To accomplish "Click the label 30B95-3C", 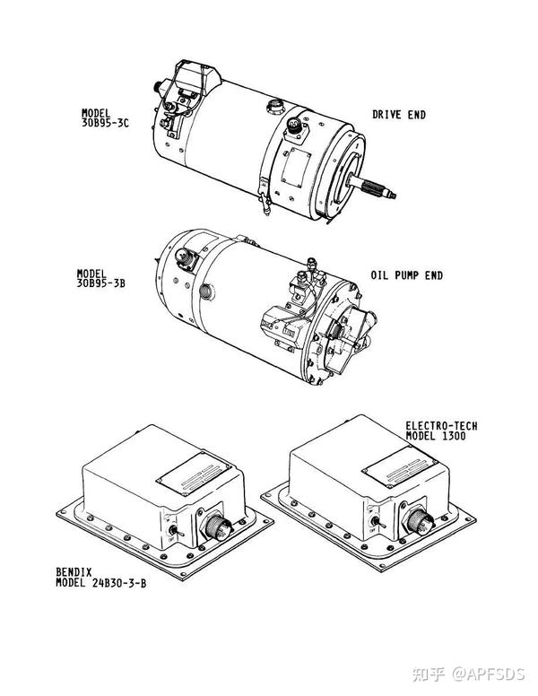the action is [105, 123].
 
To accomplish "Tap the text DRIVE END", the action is [399, 115].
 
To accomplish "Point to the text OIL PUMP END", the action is [406, 275].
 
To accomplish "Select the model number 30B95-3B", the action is [100, 283].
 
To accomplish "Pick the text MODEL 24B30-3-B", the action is [100, 583].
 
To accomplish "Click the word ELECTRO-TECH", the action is [441, 426].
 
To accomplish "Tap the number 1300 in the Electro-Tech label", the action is [454, 436].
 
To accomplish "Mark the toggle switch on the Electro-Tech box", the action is [377, 521].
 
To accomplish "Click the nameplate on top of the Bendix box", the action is [194, 474].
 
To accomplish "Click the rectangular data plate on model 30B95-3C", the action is [296, 167].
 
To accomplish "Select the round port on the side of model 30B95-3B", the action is [207, 291].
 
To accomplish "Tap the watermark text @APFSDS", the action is [489, 674].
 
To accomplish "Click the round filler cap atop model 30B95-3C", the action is [273, 107].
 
